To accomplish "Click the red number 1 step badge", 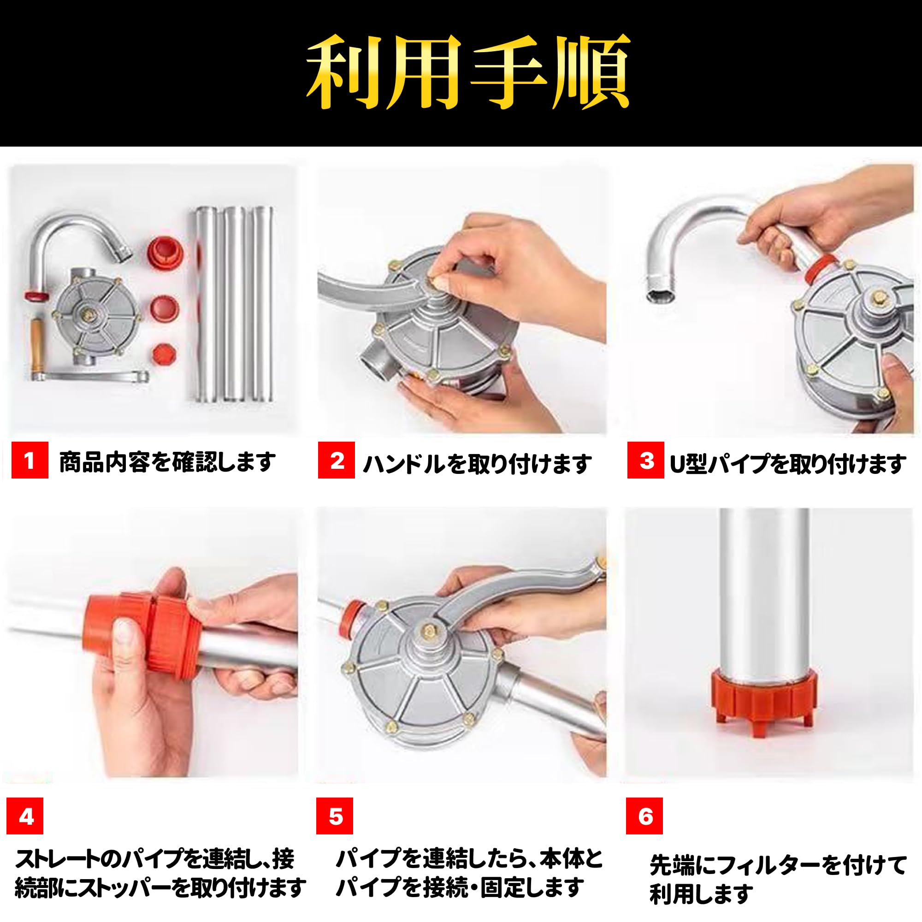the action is (x=30, y=460).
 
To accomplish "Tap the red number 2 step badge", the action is (x=337, y=460).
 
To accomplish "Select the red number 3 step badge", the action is (x=646, y=460).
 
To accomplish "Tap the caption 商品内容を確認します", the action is (x=167, y=461).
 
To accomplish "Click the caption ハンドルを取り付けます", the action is (x=477, y=463).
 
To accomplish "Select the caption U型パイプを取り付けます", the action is (x=788, y=463).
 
